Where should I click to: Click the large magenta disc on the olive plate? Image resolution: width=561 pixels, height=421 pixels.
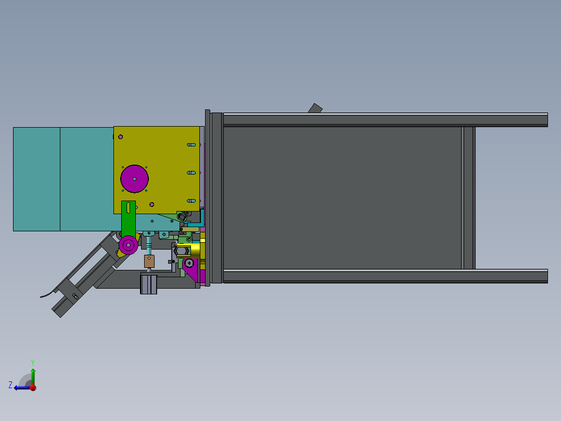point(134,179)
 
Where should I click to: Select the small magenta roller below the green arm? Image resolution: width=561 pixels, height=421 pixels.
point(128,244)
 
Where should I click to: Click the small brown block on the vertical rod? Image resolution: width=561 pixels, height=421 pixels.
point(149,261)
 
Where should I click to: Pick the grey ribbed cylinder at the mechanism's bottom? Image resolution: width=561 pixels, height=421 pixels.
point(148,284)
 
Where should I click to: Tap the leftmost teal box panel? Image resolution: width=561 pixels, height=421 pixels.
point(36,179)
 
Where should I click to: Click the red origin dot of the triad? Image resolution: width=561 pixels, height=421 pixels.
point(33,388)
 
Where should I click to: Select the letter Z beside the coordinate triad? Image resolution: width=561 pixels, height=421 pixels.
point(10,385)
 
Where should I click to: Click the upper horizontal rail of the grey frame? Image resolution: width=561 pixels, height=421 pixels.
point(385,120)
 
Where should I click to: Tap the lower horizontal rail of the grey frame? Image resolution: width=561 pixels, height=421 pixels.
point(385,276)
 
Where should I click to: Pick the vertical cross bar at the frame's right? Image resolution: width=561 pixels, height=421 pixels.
point(468,198)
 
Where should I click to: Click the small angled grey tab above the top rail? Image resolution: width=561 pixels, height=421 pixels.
point(315,108)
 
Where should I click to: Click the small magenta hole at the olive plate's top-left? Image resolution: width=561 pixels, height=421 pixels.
point(121,137)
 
